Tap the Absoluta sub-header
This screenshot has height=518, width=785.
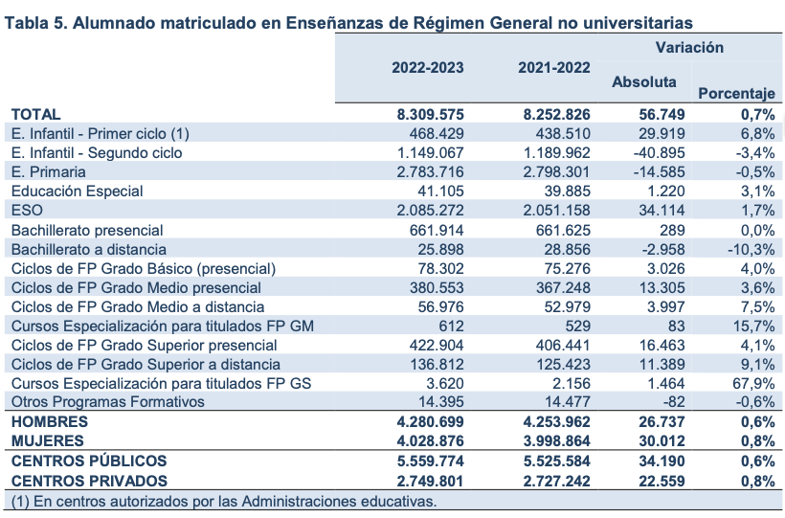[x=643, y=82]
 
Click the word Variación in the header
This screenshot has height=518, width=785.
[x=689, y=47]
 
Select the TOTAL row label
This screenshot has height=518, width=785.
[x=35, y=114]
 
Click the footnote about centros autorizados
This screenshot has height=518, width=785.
[x=224, y=501]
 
